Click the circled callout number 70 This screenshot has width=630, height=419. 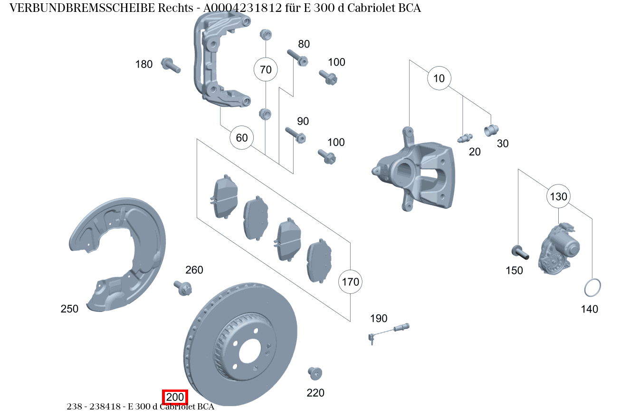266,70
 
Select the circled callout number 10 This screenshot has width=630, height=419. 439,78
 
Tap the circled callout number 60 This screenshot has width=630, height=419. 242,138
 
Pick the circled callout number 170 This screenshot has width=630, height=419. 351,282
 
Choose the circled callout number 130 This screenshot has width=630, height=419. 558,196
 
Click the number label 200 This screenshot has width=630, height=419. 175,397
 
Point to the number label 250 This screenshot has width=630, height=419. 69,309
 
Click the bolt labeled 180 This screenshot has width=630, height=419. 171,65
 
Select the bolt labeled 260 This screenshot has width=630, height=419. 183,287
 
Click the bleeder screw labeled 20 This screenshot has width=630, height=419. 464,138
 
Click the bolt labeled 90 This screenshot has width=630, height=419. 295,135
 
